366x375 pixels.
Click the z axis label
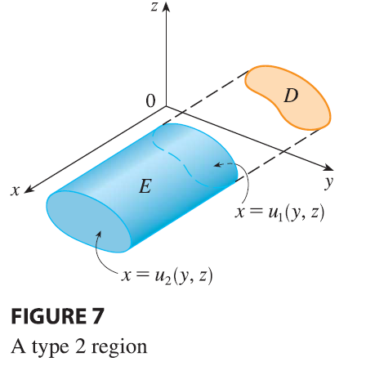[x=154, y=7]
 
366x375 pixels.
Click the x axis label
[x=16, y=190]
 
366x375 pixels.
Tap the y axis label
[x=329, y=183]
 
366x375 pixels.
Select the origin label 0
[x=150, y=101]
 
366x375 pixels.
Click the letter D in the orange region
[x=291, y=96]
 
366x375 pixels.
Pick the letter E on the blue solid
[x=145, y=186]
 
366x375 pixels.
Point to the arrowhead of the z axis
[x=166, y=6]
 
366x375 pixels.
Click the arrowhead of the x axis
[x=29, y=190]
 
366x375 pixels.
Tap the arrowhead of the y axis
[x=328, y=167]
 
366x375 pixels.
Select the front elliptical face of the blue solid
[x=87, y=221]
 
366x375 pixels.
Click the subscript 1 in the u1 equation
[x=280, y=218]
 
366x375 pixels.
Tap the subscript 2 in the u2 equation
[x=167, y=281]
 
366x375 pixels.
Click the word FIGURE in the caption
[x=48, y=316]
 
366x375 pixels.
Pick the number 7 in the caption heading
[x=97, y=316]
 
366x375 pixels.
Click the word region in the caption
[x=119, y=348]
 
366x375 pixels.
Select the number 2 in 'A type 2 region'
[x=81, y=346]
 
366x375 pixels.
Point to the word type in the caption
[x=51, y=348]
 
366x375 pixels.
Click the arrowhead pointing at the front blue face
[x=99, y=234]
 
